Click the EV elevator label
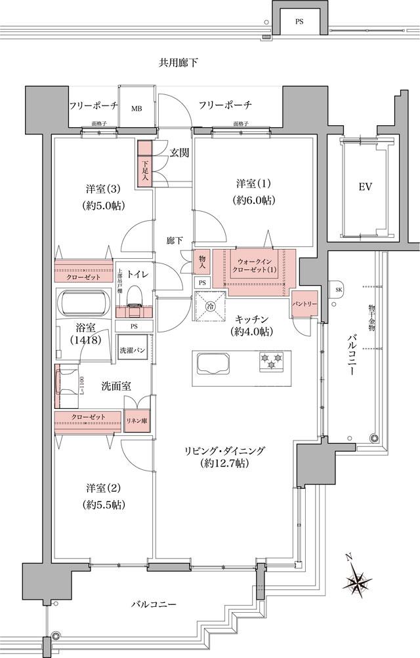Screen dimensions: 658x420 pyautogui.click(x=366, y=187)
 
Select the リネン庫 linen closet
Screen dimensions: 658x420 pyautogui.click(x=138, y=417)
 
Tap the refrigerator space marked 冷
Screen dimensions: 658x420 pyautogui.click(x=210, y=305)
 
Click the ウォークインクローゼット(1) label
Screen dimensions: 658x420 pyautogui.click(x=253, y=266)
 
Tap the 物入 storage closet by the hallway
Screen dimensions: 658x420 pyautogui.click(x=201, y=262)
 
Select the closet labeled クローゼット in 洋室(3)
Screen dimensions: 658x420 pyautogui.click(x=84, y=277)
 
